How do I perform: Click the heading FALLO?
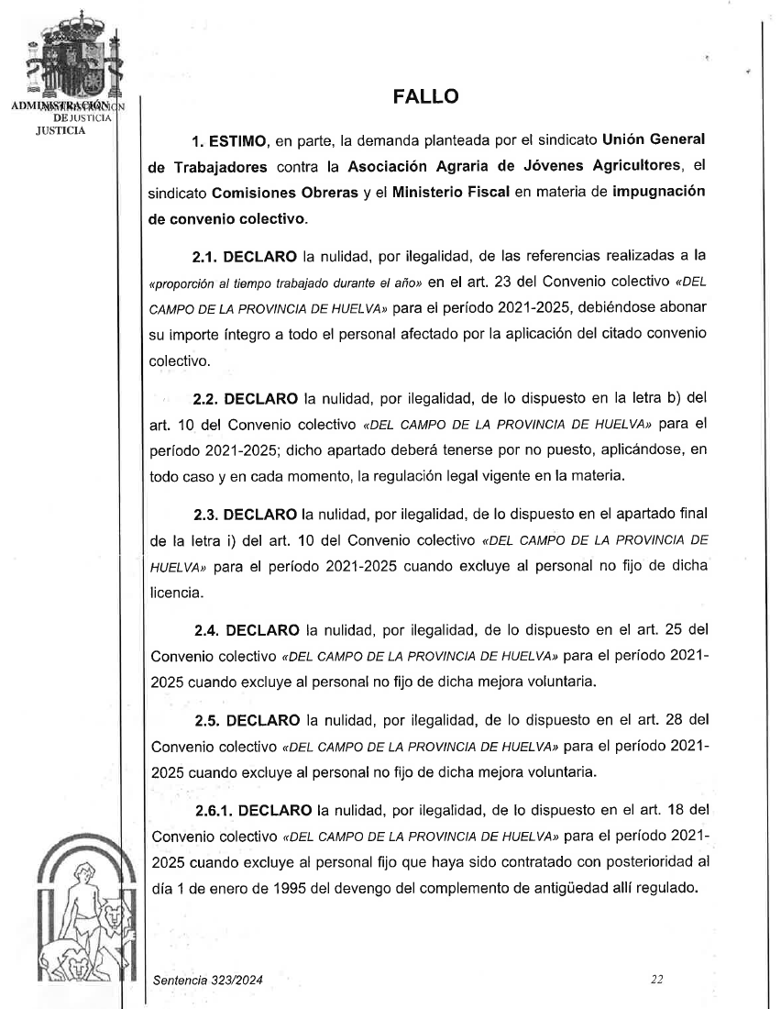coord(425,97)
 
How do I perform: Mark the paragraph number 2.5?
coord(207,719)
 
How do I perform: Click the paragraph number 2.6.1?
coord(214,811)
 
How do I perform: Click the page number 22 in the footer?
coord(656,980)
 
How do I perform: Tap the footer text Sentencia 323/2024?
coord(207,981)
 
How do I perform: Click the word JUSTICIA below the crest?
coord(60,129)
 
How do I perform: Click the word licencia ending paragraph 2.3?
coord(175,593)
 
